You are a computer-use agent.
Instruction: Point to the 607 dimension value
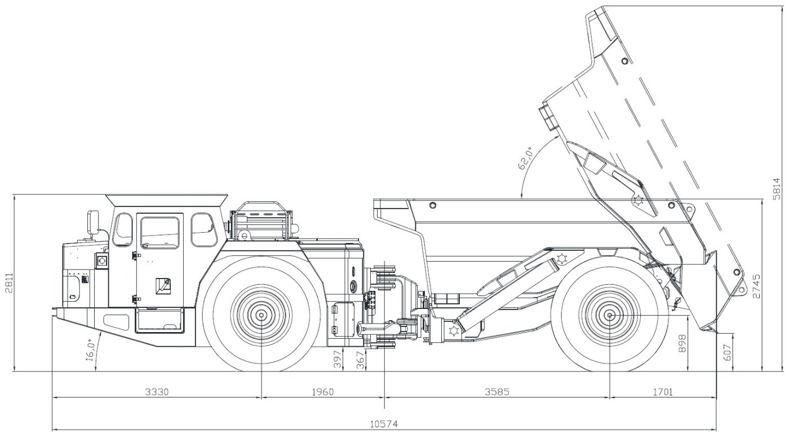(727, 352)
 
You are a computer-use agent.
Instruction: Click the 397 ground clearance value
(338, 359)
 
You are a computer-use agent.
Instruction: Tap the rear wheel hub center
(610, 315)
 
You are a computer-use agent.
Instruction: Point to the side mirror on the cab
(92, 221)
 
